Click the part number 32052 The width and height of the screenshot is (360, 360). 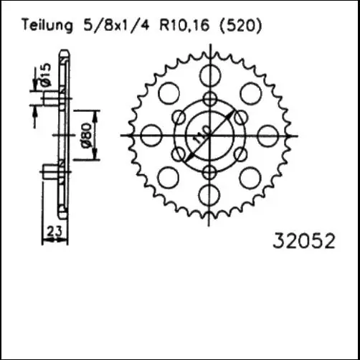(x=305, y=241)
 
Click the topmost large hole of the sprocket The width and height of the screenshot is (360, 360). (x=209, y=75)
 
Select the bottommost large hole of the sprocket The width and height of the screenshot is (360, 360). (x=209, y=194)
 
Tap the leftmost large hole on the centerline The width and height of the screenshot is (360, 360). (x=151, y=134)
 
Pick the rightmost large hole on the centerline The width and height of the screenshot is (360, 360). (x=268, y=134)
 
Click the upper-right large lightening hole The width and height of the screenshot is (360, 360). (x=250, y=93)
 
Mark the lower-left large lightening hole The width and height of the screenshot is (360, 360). (x=168, y=176)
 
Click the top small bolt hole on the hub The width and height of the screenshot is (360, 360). (x=209, y=99)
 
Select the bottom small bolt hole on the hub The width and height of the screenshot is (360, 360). (x=209, y=171)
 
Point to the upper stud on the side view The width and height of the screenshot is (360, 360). (x=50, y=100)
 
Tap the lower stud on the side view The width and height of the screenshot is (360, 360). (x=50, y=171)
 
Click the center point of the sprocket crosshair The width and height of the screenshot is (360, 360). (x=209, y=135)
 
